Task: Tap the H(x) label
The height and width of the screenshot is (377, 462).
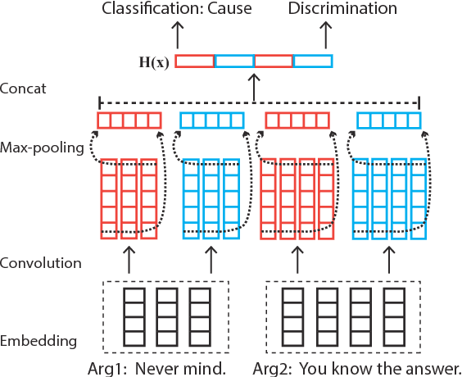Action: pyautogui.click(x=153, y=61)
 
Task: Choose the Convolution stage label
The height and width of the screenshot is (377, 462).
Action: pyautogui.click(x=41, y=263)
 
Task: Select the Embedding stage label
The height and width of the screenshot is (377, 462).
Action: pyautogui.click(x=38, y=340)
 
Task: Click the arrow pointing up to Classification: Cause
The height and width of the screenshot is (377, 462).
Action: pyautogui.click(x=176, y=35)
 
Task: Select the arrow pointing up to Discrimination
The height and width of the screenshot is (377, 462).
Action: pyautogui.click(x=326, y=35)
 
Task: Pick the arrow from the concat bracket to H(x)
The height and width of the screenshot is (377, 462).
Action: pyautogui.click(x=253, y=85)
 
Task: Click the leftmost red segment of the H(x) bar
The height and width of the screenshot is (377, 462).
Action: pyautogui.click(x=195, y=61)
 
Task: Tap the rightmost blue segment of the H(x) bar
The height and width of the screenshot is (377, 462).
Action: pyautogui.click(x=313, y=61)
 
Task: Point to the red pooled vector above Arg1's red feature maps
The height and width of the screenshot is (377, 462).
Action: pyautogui.click(x=129, y=121)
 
